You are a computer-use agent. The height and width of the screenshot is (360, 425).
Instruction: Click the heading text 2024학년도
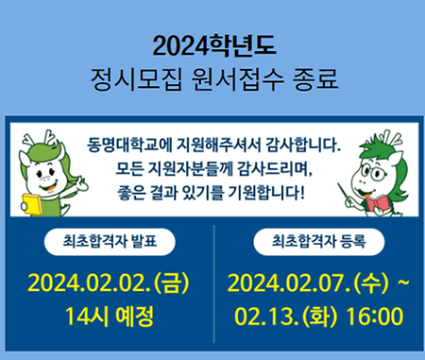coord(212,44)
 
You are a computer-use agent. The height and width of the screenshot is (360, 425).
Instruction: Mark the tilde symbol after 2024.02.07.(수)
coord(402,281)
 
